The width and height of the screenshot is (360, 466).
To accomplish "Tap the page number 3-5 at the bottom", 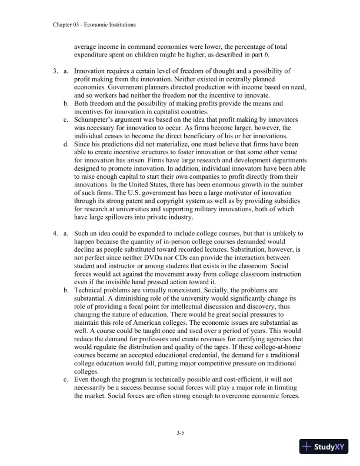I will tap(180, 432).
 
